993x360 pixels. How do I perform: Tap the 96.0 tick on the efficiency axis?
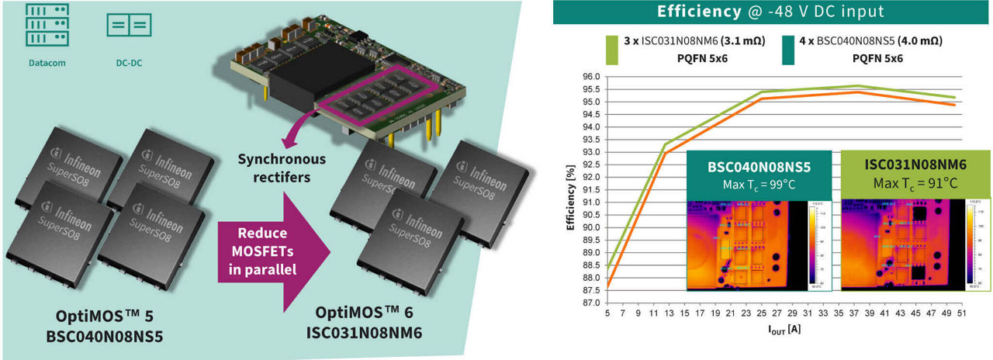point(591,77)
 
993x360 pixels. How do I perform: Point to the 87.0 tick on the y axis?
point(591,303)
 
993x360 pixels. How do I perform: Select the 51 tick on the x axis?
point(961,313)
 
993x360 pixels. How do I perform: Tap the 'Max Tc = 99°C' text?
point(759,184)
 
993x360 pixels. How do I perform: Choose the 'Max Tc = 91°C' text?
point(915,184)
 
